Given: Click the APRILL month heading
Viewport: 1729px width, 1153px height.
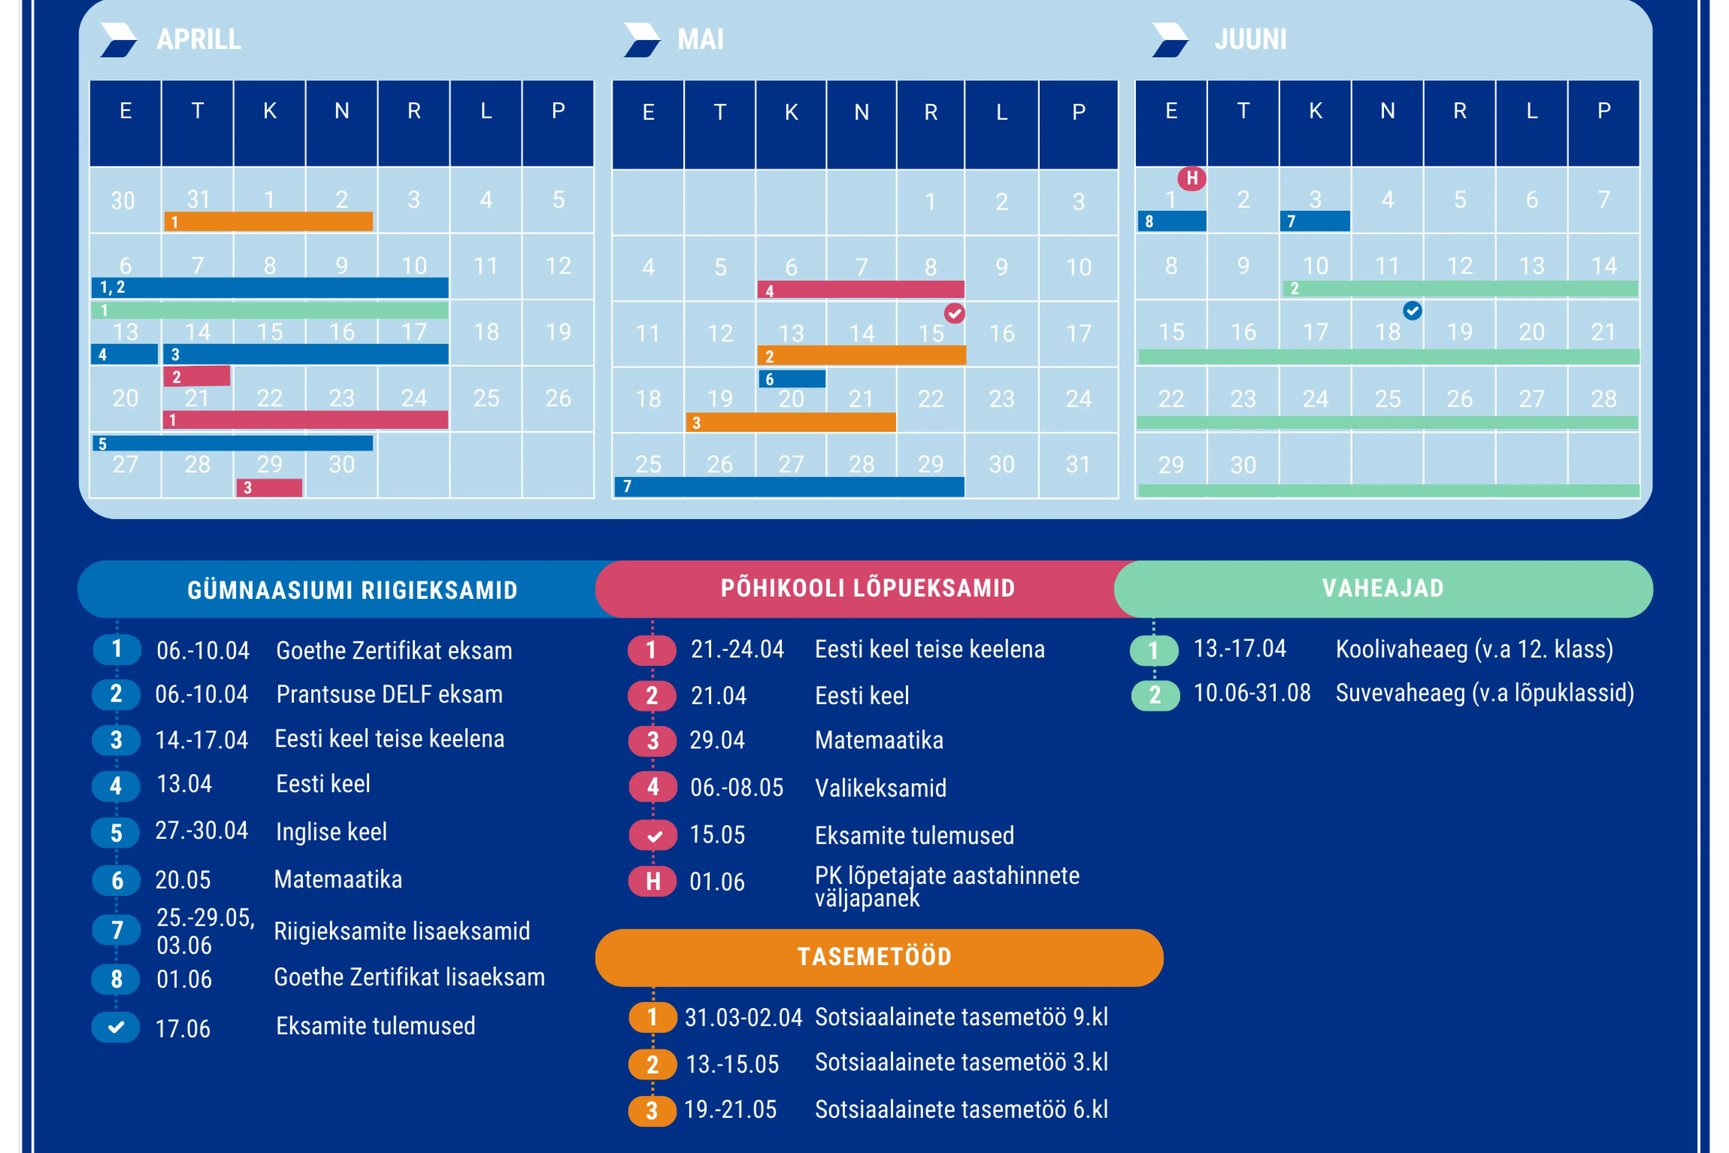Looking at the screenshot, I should coord(198,39).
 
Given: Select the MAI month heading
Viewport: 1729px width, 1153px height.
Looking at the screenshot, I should coord(700,39).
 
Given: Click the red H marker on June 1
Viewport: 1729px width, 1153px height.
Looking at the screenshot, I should coord(1192,178).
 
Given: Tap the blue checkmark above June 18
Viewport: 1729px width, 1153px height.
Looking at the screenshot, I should coord(1412,311).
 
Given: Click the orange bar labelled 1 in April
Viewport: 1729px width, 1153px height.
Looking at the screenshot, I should coord(268,222).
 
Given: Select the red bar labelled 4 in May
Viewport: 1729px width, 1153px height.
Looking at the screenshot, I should coord(861,290).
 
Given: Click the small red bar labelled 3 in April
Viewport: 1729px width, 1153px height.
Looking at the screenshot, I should coord(269,488).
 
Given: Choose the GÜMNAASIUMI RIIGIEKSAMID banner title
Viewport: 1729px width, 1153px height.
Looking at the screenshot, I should coord(352,590).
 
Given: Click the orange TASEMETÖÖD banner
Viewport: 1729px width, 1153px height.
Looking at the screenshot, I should coord(874,957).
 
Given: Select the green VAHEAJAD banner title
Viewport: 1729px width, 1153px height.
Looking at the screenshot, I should coord(1383,588).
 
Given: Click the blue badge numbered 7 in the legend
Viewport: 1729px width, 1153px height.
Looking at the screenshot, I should coord(116,930).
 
